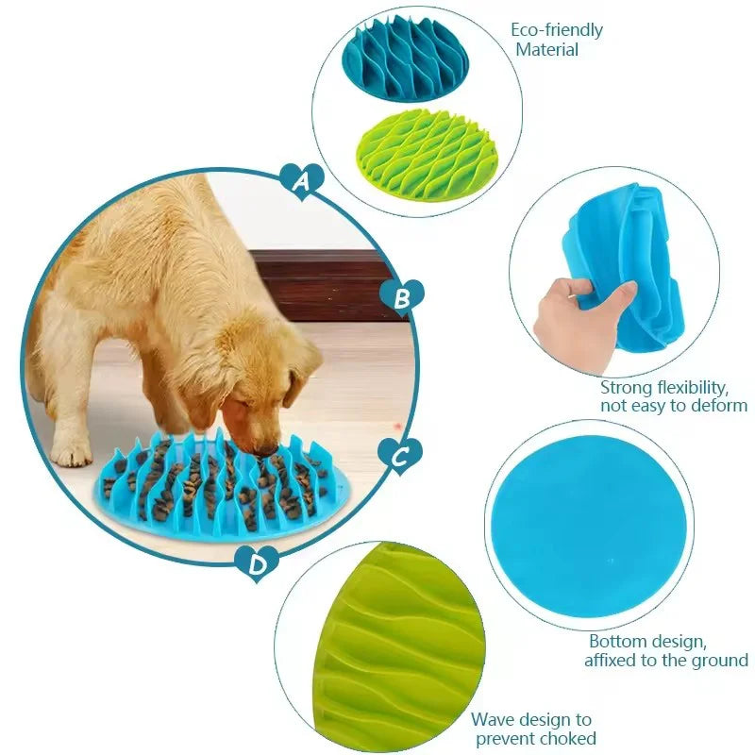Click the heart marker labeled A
[302, 180]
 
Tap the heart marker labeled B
[402, 297]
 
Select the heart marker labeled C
[399, 457]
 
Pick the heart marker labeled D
[257, 563]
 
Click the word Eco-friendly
[557, 29]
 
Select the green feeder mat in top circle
[424, 153]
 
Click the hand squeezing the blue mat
[571, 311]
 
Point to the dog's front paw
[72, 453]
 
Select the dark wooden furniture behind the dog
[321, 283]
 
